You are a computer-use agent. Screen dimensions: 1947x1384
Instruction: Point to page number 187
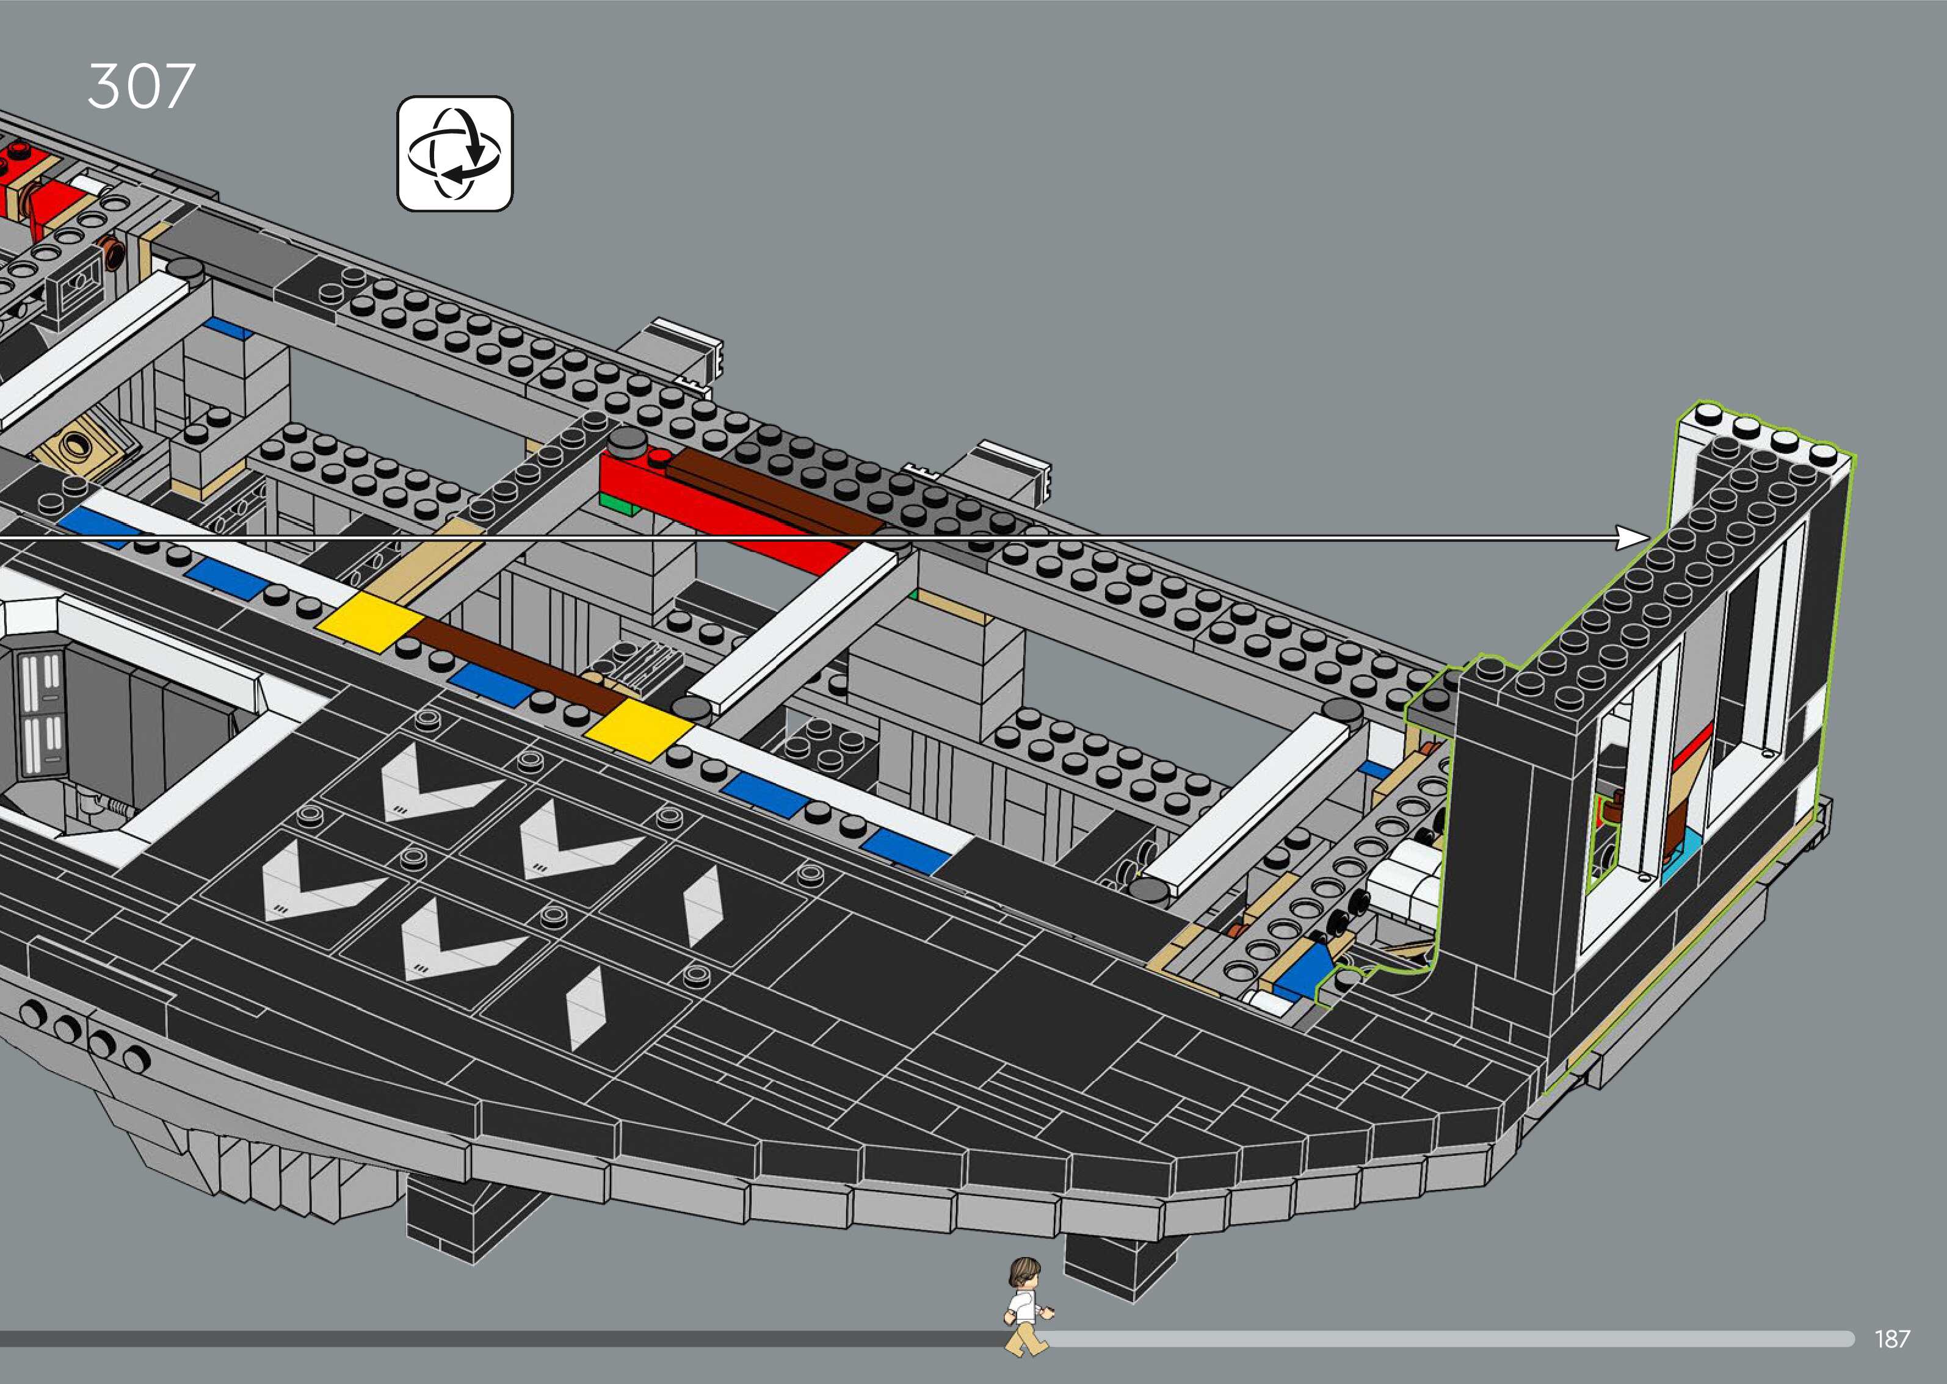[1891, 1339]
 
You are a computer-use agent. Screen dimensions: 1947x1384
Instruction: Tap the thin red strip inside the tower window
[1692, 746]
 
